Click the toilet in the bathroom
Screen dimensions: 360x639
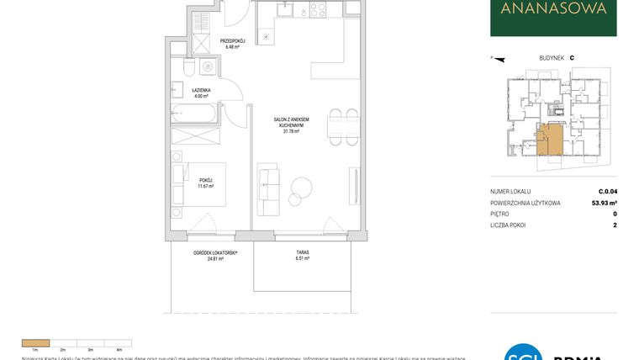190,67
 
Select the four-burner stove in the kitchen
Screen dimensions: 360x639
317,10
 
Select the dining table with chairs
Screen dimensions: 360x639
335,126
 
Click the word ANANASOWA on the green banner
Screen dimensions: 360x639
553,10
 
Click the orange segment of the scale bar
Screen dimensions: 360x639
35,342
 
